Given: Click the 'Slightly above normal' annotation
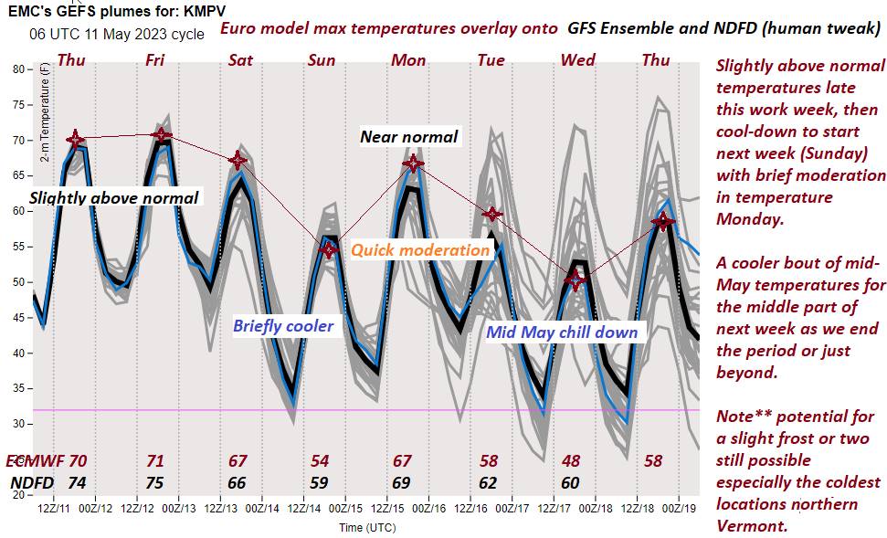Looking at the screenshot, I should (114, 197).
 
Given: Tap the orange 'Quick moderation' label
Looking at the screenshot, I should (420, 249).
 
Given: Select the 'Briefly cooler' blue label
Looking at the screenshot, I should (282, 325).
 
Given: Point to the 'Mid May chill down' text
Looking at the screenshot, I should (562, 332).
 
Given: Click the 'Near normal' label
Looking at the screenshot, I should (408, 137).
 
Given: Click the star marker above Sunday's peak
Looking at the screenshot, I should (329, 249).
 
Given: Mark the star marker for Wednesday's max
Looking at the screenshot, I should (574, 280).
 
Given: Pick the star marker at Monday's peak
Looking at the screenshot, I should (413, 164).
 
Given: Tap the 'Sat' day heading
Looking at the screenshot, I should (240, 60).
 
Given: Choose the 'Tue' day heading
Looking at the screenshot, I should (491, 60).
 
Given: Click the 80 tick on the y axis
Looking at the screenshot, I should (19, 69).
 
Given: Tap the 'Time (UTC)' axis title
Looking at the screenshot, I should (368, 527).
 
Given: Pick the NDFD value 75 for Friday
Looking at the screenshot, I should (155, 482).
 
